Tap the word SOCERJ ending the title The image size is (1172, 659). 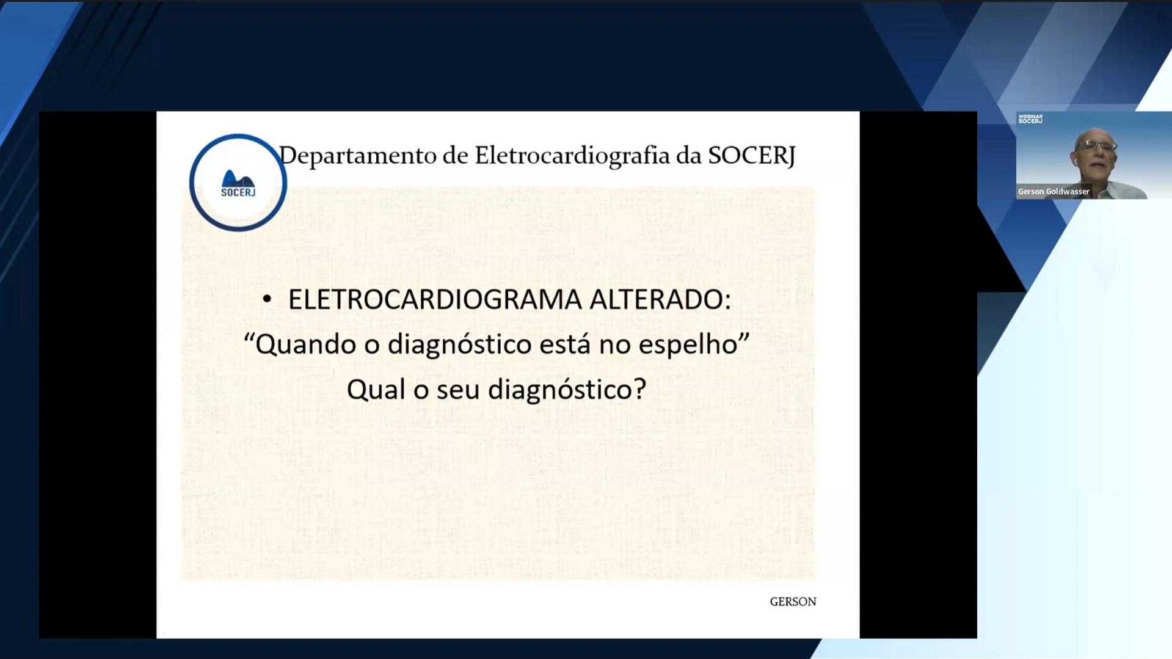coord(751,155)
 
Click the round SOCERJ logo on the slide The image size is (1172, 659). coord(238,183)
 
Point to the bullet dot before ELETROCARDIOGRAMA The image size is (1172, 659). coord(267,299)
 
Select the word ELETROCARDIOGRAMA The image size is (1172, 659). coord(434,299)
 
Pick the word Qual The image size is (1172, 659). coord(376,389)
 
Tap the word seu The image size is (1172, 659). coord(458,389)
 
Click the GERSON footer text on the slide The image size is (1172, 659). coord(793,602)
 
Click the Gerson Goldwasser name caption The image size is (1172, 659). coord(1054,192)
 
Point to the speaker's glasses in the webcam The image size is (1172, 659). coord(1096,146)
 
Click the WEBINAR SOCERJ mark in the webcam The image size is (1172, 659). coord(1030,119)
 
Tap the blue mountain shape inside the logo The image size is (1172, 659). coord(237,180)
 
